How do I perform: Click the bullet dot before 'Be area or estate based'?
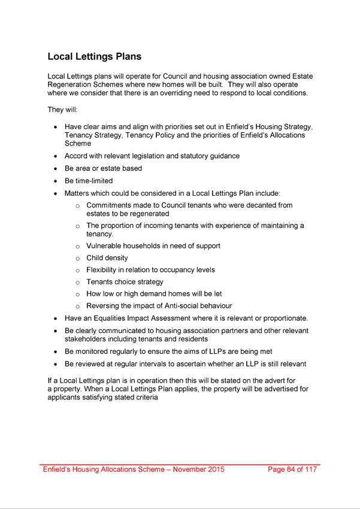click(56, 168)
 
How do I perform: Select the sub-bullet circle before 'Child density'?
click(78, 258)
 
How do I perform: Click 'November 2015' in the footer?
click(199, 469)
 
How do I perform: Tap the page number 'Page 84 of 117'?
click(292, 469)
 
